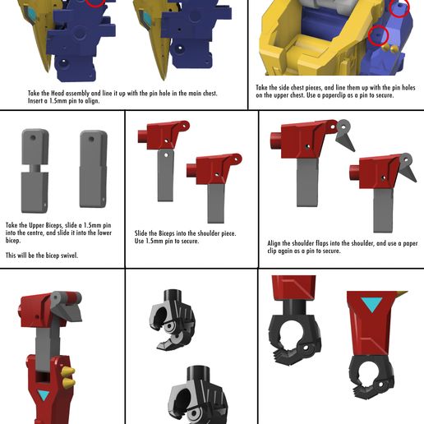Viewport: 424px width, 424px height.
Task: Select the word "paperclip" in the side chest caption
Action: (x=334, y=95)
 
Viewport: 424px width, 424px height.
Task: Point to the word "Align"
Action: (x=274, y=243)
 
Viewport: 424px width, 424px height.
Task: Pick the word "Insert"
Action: (x=35, y=101)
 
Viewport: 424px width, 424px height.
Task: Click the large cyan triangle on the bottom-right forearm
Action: (x=371, y=304)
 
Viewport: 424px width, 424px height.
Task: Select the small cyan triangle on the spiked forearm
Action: (x=44, y=395)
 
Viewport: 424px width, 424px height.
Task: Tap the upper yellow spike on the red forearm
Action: (x=67, y=371)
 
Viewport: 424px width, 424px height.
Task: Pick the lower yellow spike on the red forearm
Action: (x=67, y=382)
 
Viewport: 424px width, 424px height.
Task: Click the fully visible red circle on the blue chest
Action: (x=378, y=35)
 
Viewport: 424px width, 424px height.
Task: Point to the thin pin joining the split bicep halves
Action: (x=35, y=168)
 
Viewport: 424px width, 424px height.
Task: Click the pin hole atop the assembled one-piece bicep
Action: (x=91, y=140)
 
